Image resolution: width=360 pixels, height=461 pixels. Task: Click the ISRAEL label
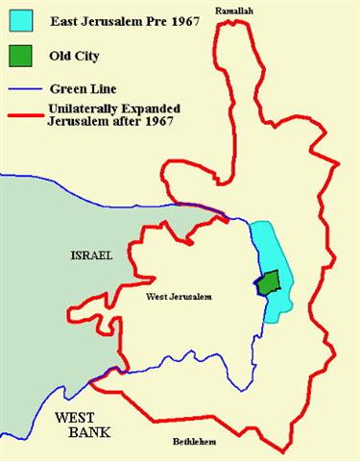(92, 256)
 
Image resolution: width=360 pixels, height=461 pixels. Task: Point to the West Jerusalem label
(178, 298)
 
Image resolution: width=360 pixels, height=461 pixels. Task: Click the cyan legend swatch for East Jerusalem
(21, 18)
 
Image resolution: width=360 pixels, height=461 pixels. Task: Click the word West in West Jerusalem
(156, 298)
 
